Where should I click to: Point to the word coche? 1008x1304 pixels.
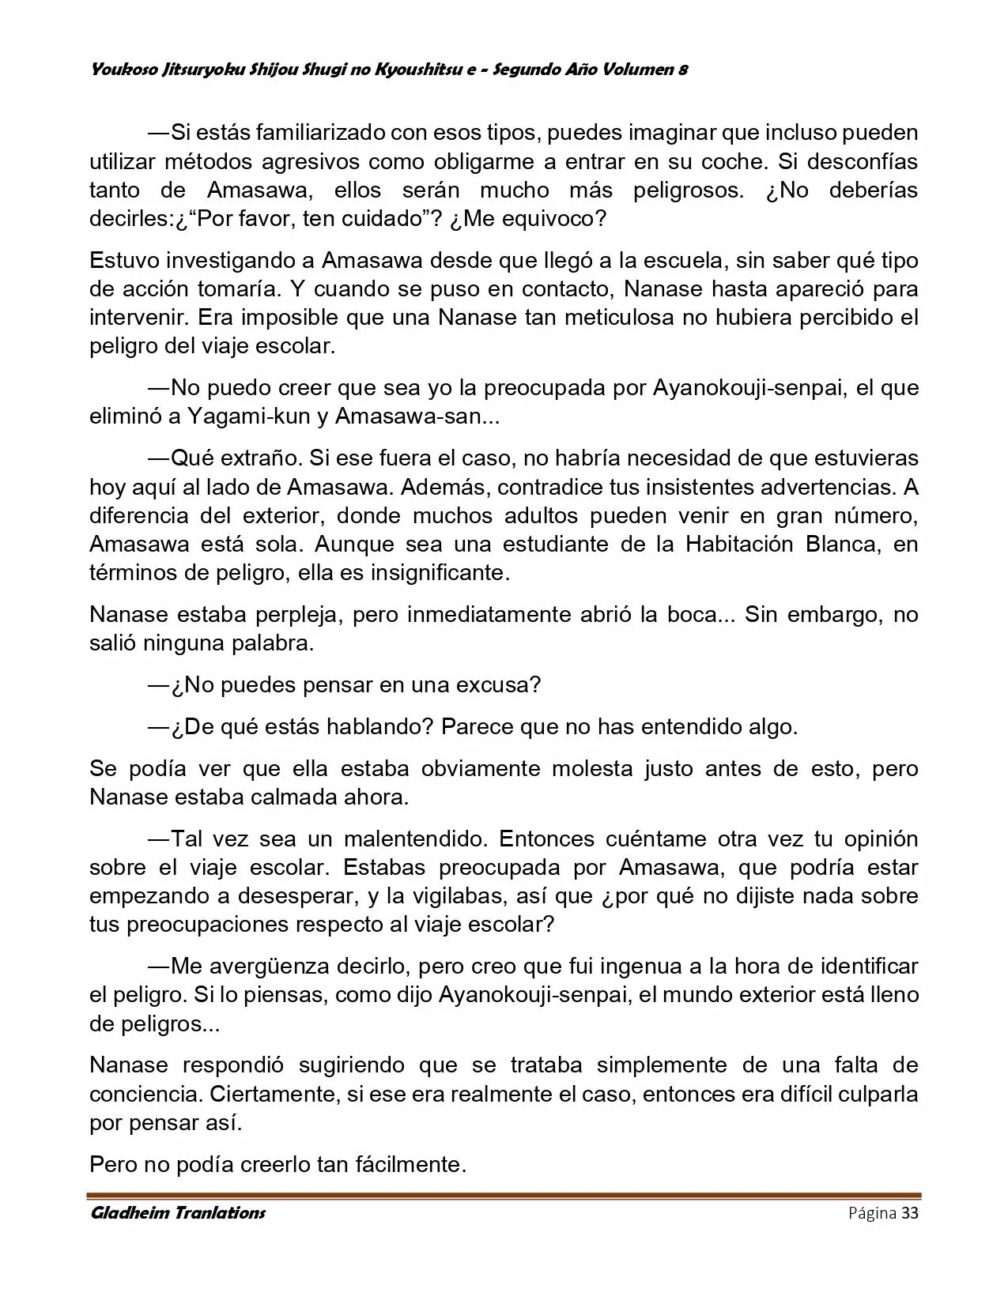(x=734, y=161)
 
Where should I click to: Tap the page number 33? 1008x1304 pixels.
(x=910, y=1214)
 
